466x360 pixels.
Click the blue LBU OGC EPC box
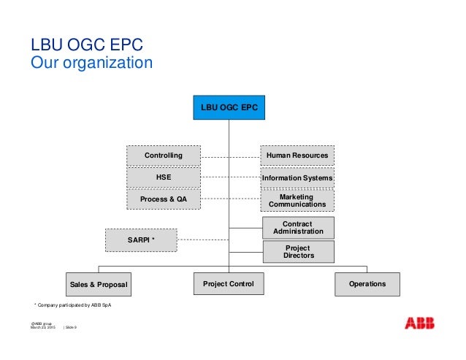click(229, 108)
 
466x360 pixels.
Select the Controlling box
click(164, 156)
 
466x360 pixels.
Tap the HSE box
click(164, 177)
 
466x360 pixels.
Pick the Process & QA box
click(164, 199)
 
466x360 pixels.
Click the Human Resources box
click(297, 156)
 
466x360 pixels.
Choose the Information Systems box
click(297, 177)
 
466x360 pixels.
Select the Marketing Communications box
click(297, 201)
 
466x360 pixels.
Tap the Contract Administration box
click(297, 227)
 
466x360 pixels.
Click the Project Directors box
click(297, 252)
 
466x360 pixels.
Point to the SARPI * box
click(142, 239)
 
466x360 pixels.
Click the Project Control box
click(229, 283)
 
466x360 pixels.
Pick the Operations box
click(367, 283)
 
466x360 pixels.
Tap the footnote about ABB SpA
click(74, 305)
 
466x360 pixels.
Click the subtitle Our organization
click(91, 63)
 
